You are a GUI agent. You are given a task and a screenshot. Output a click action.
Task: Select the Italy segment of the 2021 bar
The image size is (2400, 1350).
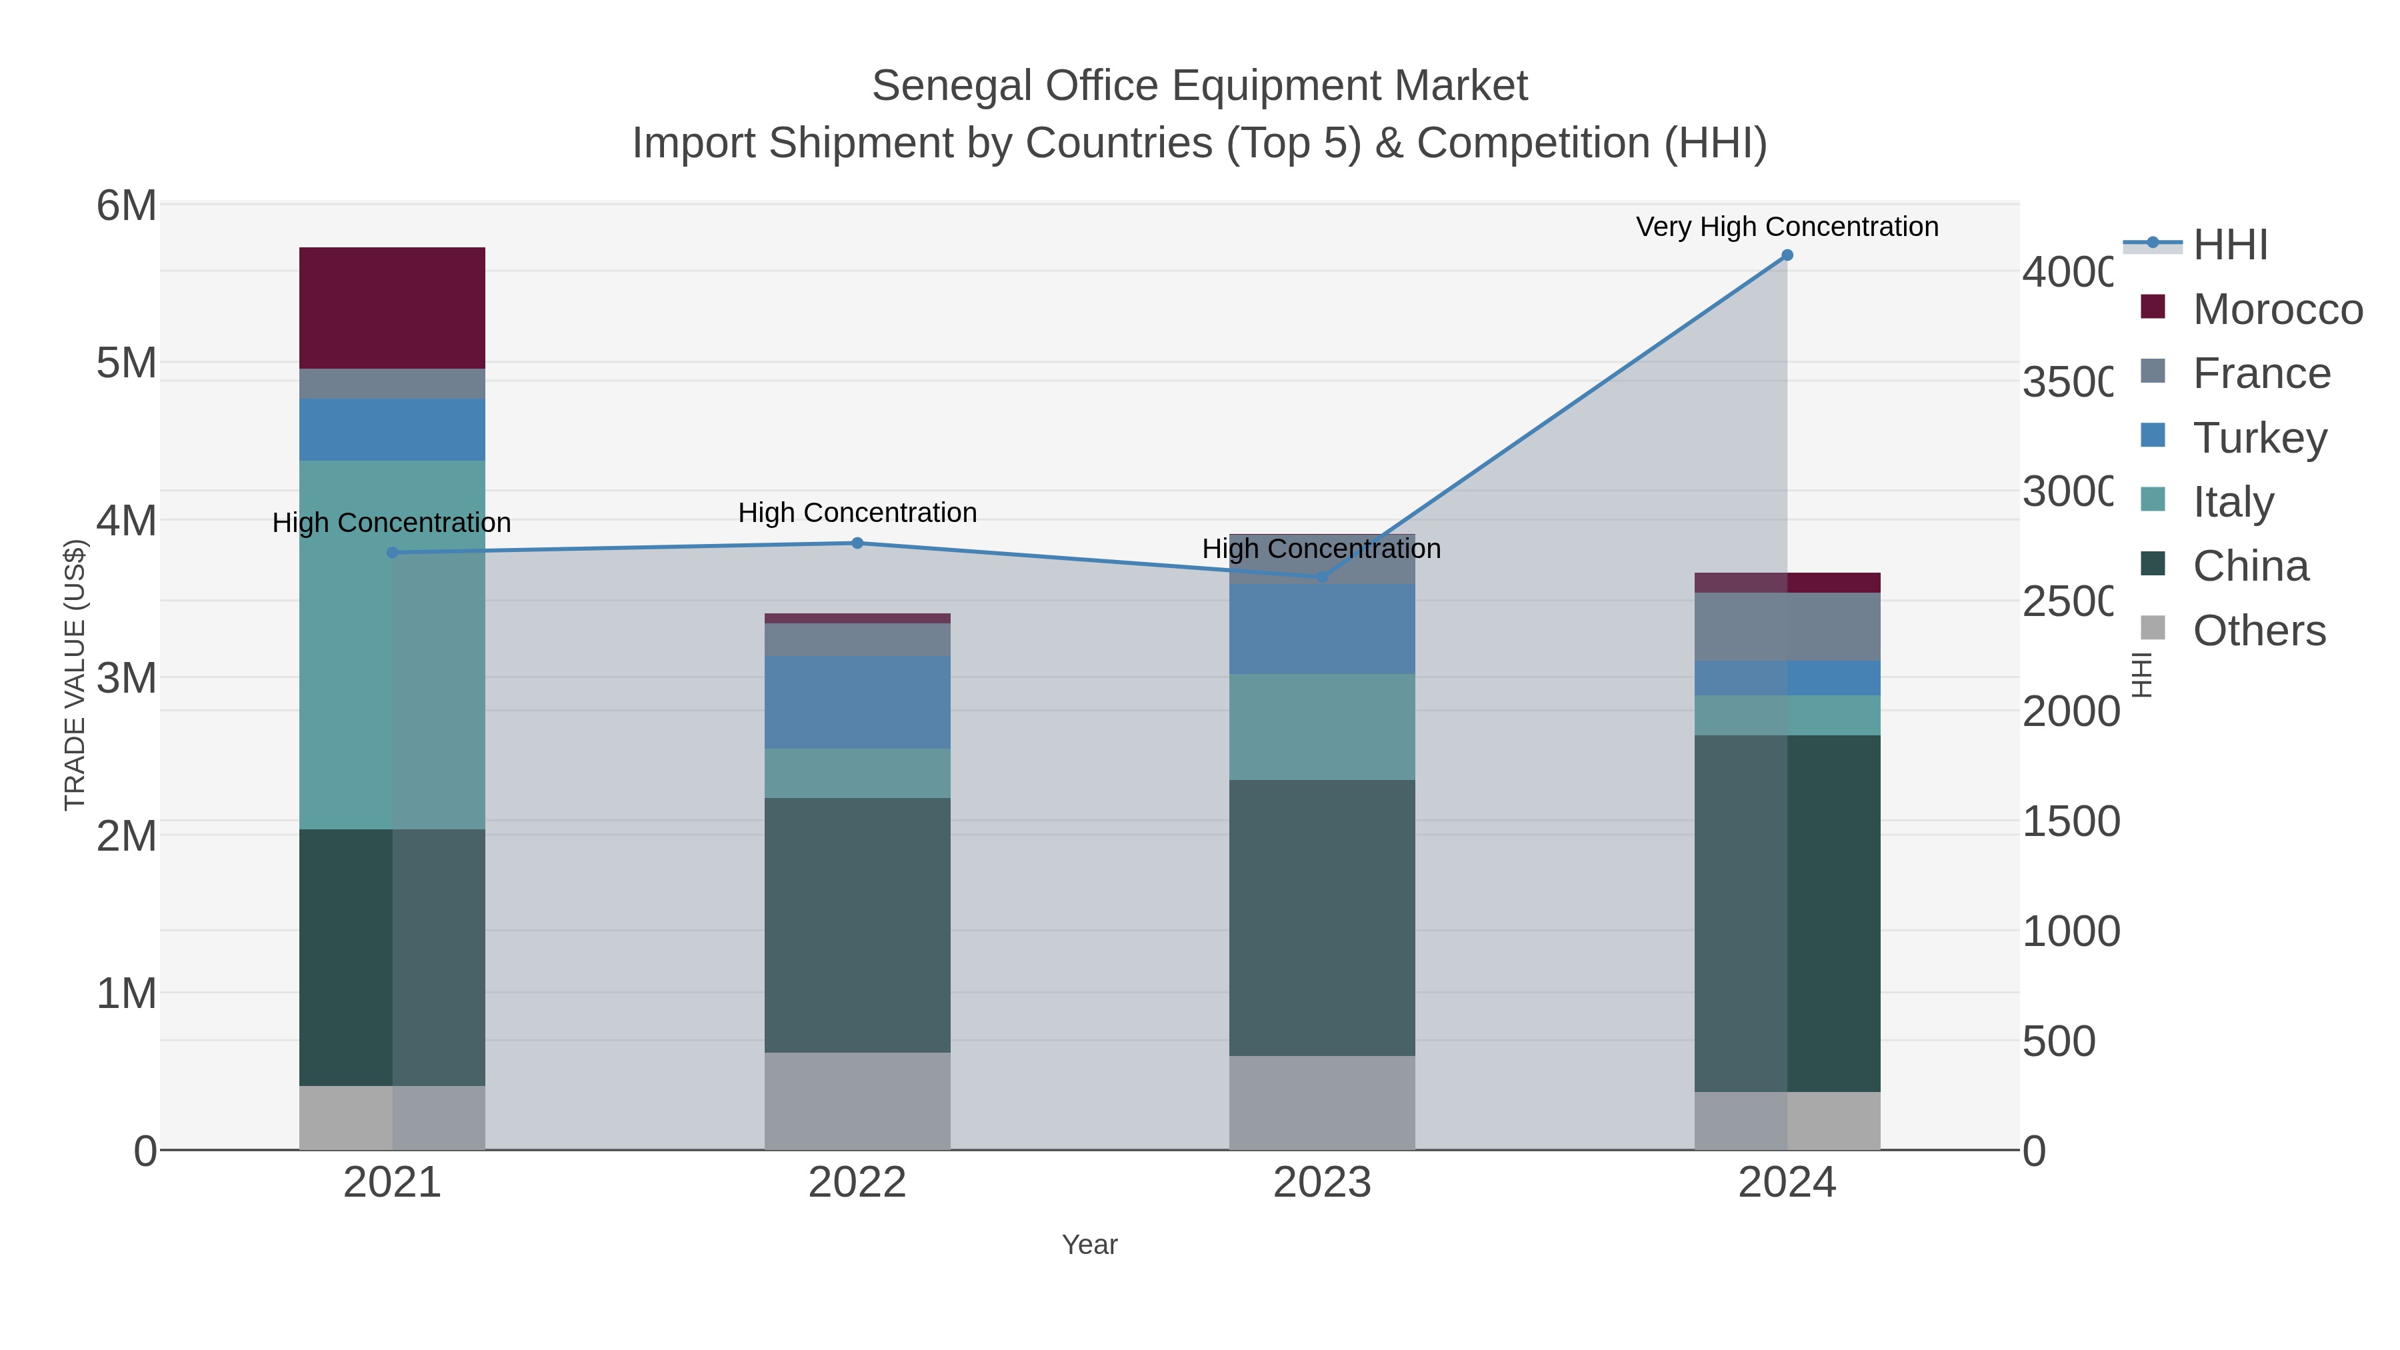pyautogui.click(x=391, y=645)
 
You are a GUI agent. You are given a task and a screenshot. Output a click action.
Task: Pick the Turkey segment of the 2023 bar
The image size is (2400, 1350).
pyautogui.click(x=1321, y=629)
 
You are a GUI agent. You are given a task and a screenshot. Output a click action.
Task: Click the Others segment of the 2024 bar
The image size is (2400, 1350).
pyautogui.click(x=1787, y=1121)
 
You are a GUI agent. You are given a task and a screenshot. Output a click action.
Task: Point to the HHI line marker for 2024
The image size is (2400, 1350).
pyautogui.click(x=1787, y=255)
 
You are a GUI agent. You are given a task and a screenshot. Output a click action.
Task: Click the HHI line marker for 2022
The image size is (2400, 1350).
pyautogui.click(x=857, y=543)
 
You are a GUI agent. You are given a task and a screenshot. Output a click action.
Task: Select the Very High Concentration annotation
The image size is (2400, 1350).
pyautogui.click(x=1787, y=227)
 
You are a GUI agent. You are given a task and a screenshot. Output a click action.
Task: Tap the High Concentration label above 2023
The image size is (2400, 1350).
pyautogui.click(x=1321, y=549)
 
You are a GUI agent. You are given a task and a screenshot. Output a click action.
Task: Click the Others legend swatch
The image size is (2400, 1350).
pyautogui.click(x=2152, y=629)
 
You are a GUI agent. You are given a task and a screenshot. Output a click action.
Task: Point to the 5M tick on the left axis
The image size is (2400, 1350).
pyautogui.click(x=127, y=363)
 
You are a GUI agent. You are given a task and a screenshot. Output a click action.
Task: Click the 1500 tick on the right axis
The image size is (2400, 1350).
pyautogui.click(x=2070, y=822)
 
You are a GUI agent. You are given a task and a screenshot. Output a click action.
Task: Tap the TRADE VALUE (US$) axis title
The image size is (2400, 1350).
pyautogui.click(x=75, y=675)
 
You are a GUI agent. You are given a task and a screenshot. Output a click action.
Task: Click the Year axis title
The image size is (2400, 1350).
pyautogui.click(x=1089, y=1245)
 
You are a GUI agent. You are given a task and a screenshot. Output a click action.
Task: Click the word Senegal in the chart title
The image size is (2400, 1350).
pyautogui.click(x=951, y=86)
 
